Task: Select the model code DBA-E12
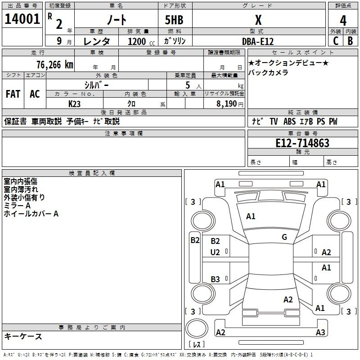click(258, 40)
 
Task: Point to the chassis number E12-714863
click(302, 143)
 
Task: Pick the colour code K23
click(75, 103)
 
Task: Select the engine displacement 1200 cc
click(138, 41)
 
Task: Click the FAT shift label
click(13, 94)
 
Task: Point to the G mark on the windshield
click(284, 237)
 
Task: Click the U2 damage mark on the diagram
click(215, 252)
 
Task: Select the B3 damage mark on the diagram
click(215, 279)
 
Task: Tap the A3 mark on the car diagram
click(320, 333)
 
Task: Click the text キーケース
click(23, 336)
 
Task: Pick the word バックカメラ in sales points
click(268, 72)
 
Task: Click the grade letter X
click(258, 20)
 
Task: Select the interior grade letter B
click(350, 41)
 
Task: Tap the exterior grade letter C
click(335, 41)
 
